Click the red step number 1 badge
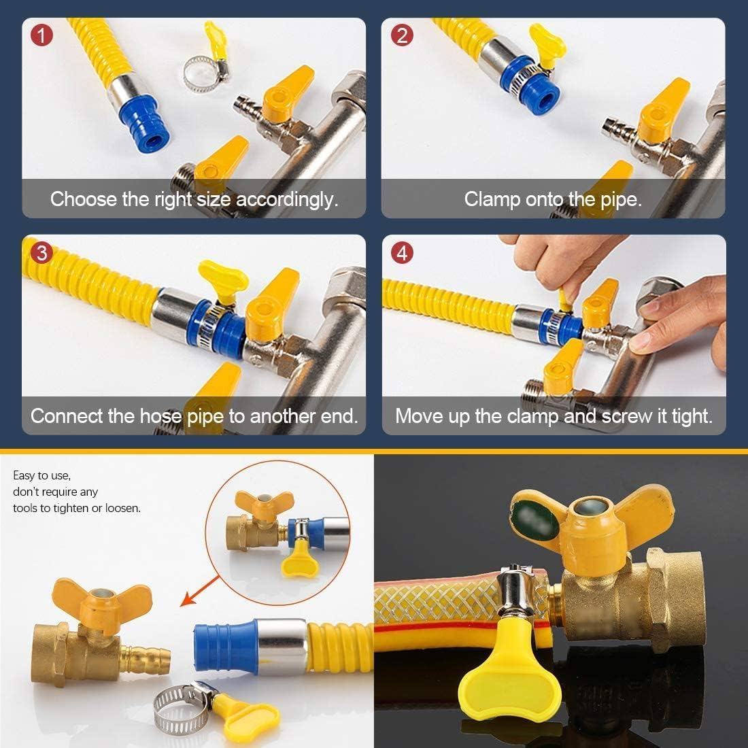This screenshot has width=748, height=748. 42,35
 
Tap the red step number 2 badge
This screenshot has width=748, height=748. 403,35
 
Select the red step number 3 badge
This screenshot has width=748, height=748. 42,253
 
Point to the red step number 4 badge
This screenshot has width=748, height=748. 403,253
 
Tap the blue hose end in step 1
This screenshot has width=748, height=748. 139,112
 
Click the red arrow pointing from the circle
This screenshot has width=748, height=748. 200,590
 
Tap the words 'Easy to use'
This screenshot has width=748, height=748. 41,475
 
